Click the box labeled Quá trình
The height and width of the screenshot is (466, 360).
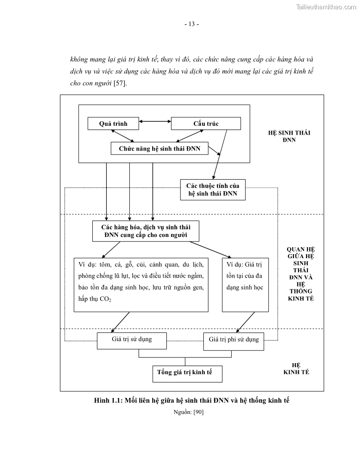tap(113, 124)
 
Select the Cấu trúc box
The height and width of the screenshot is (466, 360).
tap(206, 124)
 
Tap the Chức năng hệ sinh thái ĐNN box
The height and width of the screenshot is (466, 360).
tap(159, 149)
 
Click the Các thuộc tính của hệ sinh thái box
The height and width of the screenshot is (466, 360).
tap(213, 190)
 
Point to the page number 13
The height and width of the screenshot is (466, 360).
tap(191, 24)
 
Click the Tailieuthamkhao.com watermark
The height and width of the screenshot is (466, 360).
tap(326, 7)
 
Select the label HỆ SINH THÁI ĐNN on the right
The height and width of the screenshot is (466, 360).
tap(289, 136)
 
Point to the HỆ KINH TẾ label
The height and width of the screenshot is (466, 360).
tap(296, 369)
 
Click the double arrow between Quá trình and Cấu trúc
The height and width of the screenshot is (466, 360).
tap(155, 120)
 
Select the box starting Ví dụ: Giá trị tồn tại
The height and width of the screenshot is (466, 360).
tap(245, 285)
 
